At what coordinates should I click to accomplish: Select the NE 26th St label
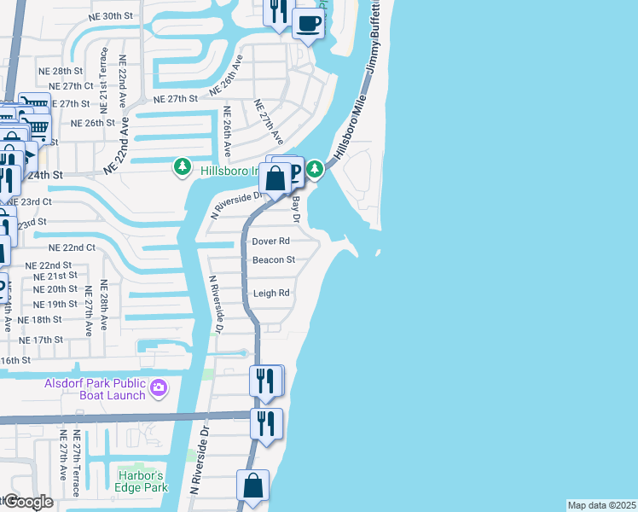tap(93, 123)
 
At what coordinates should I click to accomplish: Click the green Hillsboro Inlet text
tap(229, 171)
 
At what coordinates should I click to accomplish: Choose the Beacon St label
tap(273, 260)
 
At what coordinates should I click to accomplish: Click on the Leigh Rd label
tap(272, 294)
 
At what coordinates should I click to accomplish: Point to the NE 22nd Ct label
tap(71, 247)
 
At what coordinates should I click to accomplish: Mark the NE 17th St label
tap(41, 340)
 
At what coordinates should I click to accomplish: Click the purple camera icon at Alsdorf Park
tap(158, 389)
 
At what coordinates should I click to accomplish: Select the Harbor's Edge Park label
tap(142, 481)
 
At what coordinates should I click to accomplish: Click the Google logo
tap(28, 503)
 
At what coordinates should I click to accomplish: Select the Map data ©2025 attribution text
tap(601, 505)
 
